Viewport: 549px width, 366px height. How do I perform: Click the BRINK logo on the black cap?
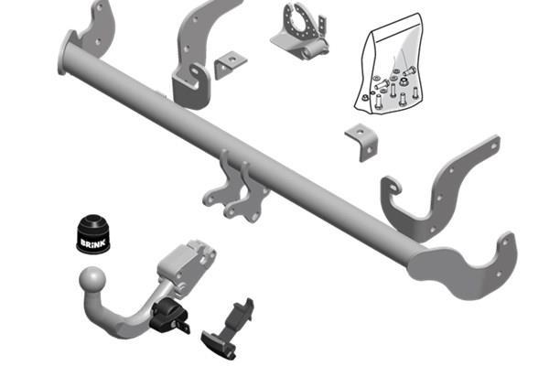(92, 242)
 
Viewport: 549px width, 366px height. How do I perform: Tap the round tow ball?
(92, 280)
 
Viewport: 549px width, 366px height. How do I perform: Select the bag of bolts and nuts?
(390, 64)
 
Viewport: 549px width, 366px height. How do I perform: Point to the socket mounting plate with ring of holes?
(300, 31)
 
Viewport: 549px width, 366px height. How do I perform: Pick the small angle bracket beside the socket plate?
(230, 65)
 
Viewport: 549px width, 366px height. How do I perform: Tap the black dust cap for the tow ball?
(93, 233)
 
